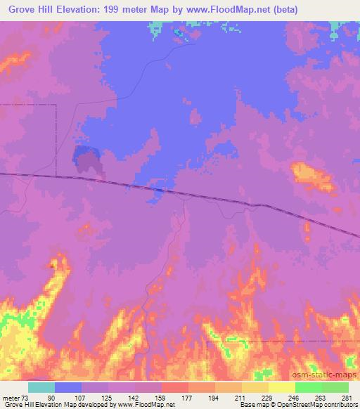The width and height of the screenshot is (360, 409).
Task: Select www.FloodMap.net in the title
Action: tap(226, 10)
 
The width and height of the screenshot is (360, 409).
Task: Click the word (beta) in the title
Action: tap(282, 10)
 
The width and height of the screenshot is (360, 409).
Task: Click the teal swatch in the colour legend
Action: tap(41, 387)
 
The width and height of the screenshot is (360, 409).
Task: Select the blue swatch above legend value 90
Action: tap(68, 387)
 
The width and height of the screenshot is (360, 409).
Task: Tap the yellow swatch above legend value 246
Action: tap(281, 387)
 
